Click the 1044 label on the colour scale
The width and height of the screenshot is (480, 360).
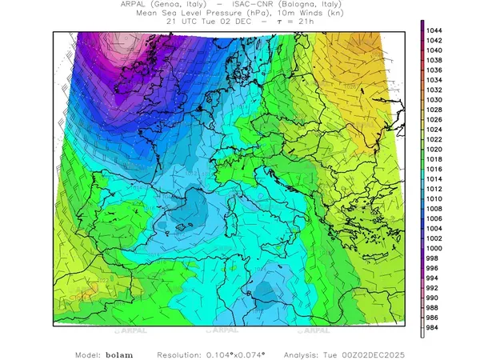[x=437, y=30]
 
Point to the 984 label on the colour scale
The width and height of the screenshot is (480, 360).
[x=437, y=327]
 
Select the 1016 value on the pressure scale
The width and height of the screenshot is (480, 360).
[x=437, y=169]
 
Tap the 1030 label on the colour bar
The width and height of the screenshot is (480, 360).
[x=437, y=99]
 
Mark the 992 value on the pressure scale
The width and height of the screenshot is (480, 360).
[x=437, y=288]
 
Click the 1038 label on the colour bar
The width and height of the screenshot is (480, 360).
[x=437, y=60]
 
